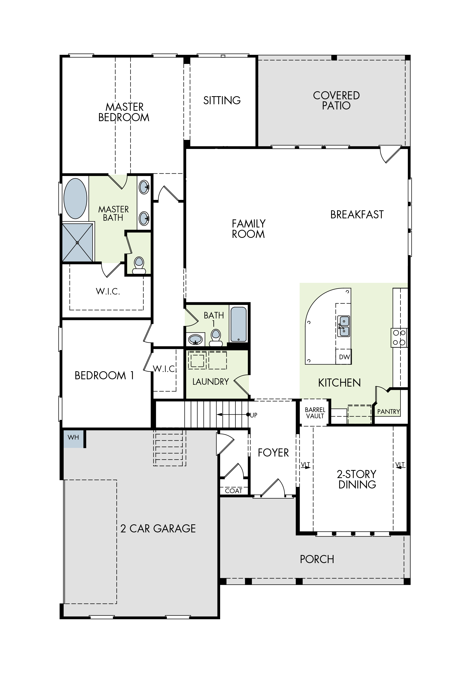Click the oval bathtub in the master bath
click(75, 198)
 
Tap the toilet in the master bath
click(139, 265)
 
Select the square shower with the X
click(77, 243)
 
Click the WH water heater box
click(73, 438)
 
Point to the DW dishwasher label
click(344, 357)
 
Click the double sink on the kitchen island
click(344, 326)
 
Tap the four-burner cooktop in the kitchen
click(399, 337)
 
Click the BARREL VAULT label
click(315, 413)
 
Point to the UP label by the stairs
click(254, 415)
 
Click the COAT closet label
click(234, 491)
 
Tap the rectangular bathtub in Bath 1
click(238, 324)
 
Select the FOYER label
click(273, 453)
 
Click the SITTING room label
click(222, 101)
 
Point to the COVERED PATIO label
click(336, 101)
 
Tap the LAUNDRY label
click(211, 382)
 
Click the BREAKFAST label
click(357, 215)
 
